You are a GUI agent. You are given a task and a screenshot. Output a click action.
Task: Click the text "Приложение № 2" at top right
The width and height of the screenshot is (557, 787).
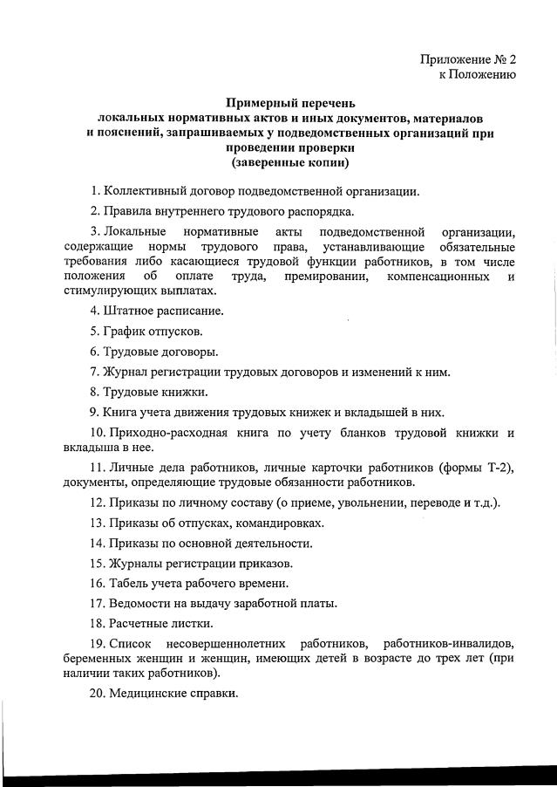click(x=468, y=60)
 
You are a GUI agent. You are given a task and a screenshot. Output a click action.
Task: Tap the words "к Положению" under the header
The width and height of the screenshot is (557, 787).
click(x=477, y=75)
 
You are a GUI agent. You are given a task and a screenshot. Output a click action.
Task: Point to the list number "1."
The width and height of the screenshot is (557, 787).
click(x=95, y=190)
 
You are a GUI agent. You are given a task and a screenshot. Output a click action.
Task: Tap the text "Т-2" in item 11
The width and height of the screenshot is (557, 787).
click(x=498, y=468)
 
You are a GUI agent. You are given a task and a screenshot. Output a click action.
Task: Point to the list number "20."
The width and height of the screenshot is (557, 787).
click(x=98, y=694)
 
